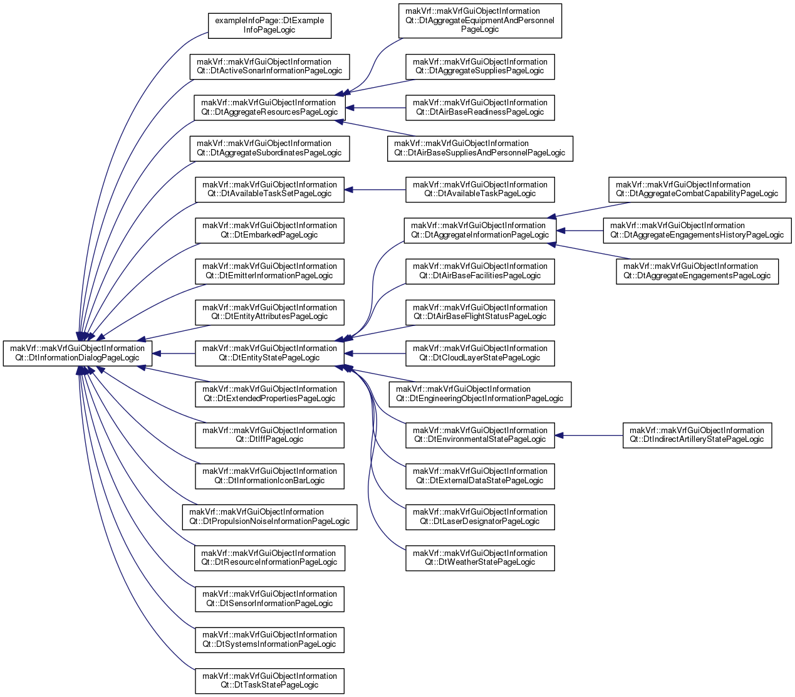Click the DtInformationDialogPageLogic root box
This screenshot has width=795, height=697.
coord(77,354)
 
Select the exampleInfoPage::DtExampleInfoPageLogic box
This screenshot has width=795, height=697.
coord(269,26)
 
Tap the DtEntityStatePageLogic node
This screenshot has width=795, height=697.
coord(269,354)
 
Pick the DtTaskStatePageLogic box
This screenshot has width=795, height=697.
coord(269,681)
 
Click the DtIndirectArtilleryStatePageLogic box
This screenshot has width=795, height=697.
coord(697,435)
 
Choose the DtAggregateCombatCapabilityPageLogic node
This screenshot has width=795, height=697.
coord(697,190)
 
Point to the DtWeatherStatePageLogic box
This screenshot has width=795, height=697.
coord(480,558)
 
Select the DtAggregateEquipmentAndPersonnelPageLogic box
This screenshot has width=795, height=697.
coord(480,21)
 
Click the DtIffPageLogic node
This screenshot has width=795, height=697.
coord(269,435)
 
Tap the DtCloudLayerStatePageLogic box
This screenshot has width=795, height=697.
coord(480,354)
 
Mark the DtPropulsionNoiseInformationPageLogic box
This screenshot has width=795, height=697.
coord(269,517)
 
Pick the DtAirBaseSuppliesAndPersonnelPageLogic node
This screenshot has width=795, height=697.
coord(480,149)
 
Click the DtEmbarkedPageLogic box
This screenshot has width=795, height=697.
coord(269,231)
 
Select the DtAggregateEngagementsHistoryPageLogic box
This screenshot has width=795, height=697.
coord(697,231)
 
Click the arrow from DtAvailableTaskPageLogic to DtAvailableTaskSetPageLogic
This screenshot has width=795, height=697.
coord(375,190)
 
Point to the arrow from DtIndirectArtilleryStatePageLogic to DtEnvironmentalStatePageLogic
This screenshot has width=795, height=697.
coord(589,435)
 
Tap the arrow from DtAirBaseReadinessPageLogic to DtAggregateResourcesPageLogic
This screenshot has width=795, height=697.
coord(375,108)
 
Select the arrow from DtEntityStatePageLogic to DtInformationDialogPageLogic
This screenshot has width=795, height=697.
coord(174,354)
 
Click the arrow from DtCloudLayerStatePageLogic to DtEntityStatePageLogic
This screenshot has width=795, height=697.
coord(375,354)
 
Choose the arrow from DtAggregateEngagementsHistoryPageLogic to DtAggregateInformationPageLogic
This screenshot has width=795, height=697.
coord(579,231)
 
